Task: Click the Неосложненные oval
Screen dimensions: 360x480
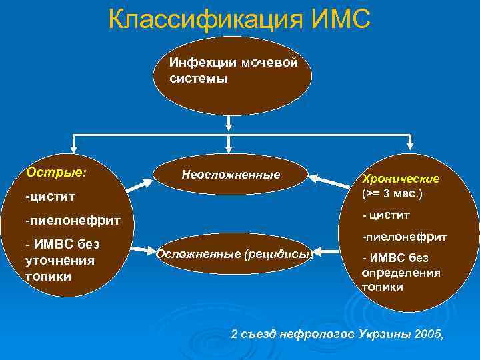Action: tap(231, 175)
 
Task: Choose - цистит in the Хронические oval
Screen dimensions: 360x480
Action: tap(386, 215)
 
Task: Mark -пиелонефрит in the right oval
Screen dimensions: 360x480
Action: tap(404, 236)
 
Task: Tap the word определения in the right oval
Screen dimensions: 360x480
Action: tap(401, 273)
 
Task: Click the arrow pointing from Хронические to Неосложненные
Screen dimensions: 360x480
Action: tap(329, 178)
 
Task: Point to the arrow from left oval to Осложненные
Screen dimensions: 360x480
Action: tap(141, 251)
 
